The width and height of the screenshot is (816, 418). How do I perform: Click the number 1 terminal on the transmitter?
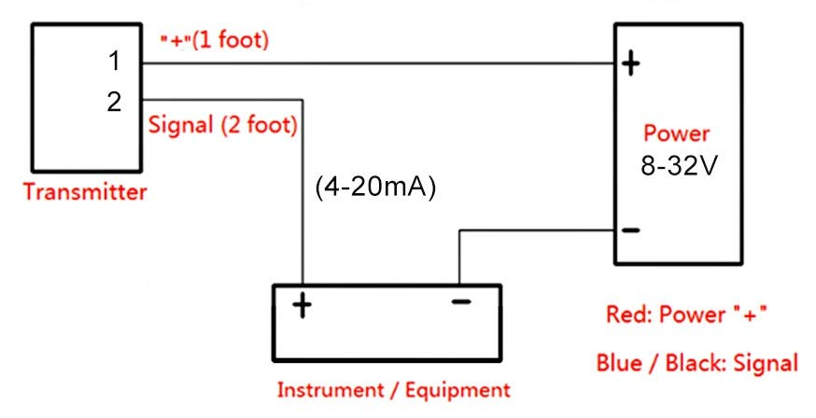(x=114, y=63)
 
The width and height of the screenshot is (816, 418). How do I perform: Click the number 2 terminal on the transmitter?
(x=114, y=101)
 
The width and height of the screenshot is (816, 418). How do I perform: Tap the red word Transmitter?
(x=85, y=193)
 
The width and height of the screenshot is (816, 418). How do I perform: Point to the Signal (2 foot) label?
(x=223, y=124)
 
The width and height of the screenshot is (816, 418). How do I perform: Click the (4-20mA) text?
(x=377, y=187)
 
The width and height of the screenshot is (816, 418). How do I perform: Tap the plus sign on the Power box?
(x=631, y=63)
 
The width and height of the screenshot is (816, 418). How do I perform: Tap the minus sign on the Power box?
(x=631, y=230)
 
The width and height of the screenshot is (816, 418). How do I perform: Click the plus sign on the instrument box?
(x=302, y=305)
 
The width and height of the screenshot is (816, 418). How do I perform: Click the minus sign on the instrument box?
(x=459, y=301)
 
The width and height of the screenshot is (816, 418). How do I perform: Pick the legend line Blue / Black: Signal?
(x=697, y=363)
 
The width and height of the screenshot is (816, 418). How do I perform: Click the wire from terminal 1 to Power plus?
(x=373, y=63)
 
